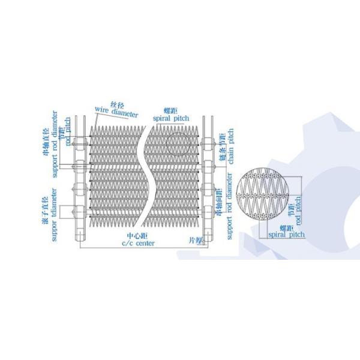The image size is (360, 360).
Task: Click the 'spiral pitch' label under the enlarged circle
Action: (x=286, y=234)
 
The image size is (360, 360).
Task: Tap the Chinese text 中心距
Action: (x=139, y=235)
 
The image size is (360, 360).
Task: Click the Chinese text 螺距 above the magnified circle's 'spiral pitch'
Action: (x=287, y=227)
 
